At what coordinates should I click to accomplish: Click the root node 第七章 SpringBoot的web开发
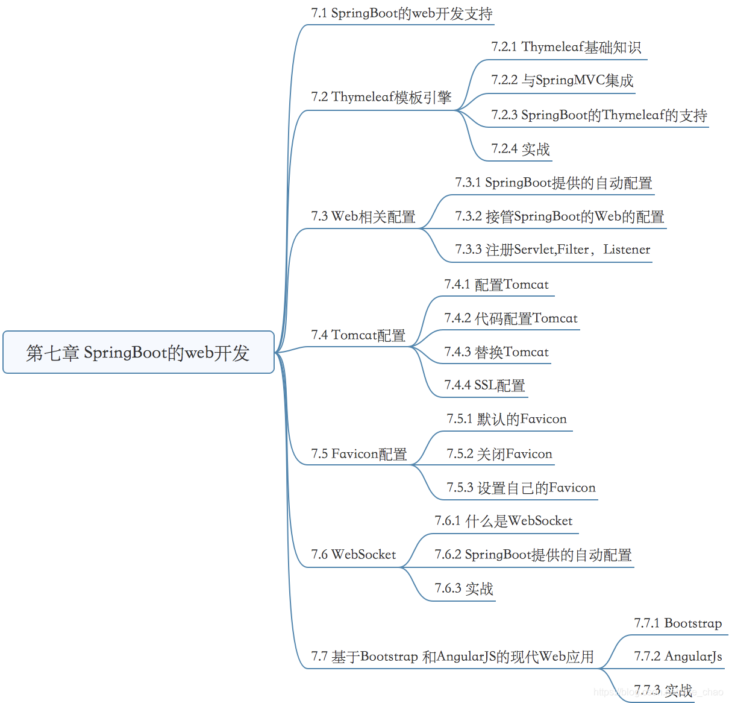tap(138, 352)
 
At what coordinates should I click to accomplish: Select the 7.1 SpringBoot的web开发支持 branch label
tap(401, 13)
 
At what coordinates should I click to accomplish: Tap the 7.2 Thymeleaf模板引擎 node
tap(381, 97)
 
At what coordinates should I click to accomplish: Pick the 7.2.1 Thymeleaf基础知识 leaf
tap(566, 47)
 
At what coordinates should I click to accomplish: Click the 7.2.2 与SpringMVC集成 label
tap(562, 80)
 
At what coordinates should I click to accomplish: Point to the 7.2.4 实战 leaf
tap(520, 149)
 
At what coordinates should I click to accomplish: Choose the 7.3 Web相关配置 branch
tap(363, 216)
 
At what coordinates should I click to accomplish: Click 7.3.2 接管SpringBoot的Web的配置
tap(559, 216)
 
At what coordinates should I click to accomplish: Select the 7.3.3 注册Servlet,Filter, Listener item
tap(552, 250)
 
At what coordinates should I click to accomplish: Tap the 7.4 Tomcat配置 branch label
tap(358, 335)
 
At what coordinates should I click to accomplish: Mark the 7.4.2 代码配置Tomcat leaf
tap(510, 318)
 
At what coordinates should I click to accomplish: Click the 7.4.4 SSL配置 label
tap(484, 385)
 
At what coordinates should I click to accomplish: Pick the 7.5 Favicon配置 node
tap(358, 454)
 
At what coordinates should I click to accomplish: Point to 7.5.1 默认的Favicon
tap(506, 419)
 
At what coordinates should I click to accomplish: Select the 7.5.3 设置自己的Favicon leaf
tap(521, 488)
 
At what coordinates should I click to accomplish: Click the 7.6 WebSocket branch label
tap(353, 555)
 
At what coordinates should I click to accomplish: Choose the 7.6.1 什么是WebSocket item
tap(503, 521)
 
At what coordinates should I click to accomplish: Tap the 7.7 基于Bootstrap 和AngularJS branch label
tap(452, 657)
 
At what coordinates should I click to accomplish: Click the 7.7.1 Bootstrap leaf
tap(677, 623)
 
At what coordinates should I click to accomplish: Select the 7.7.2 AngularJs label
tap(677, 657)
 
